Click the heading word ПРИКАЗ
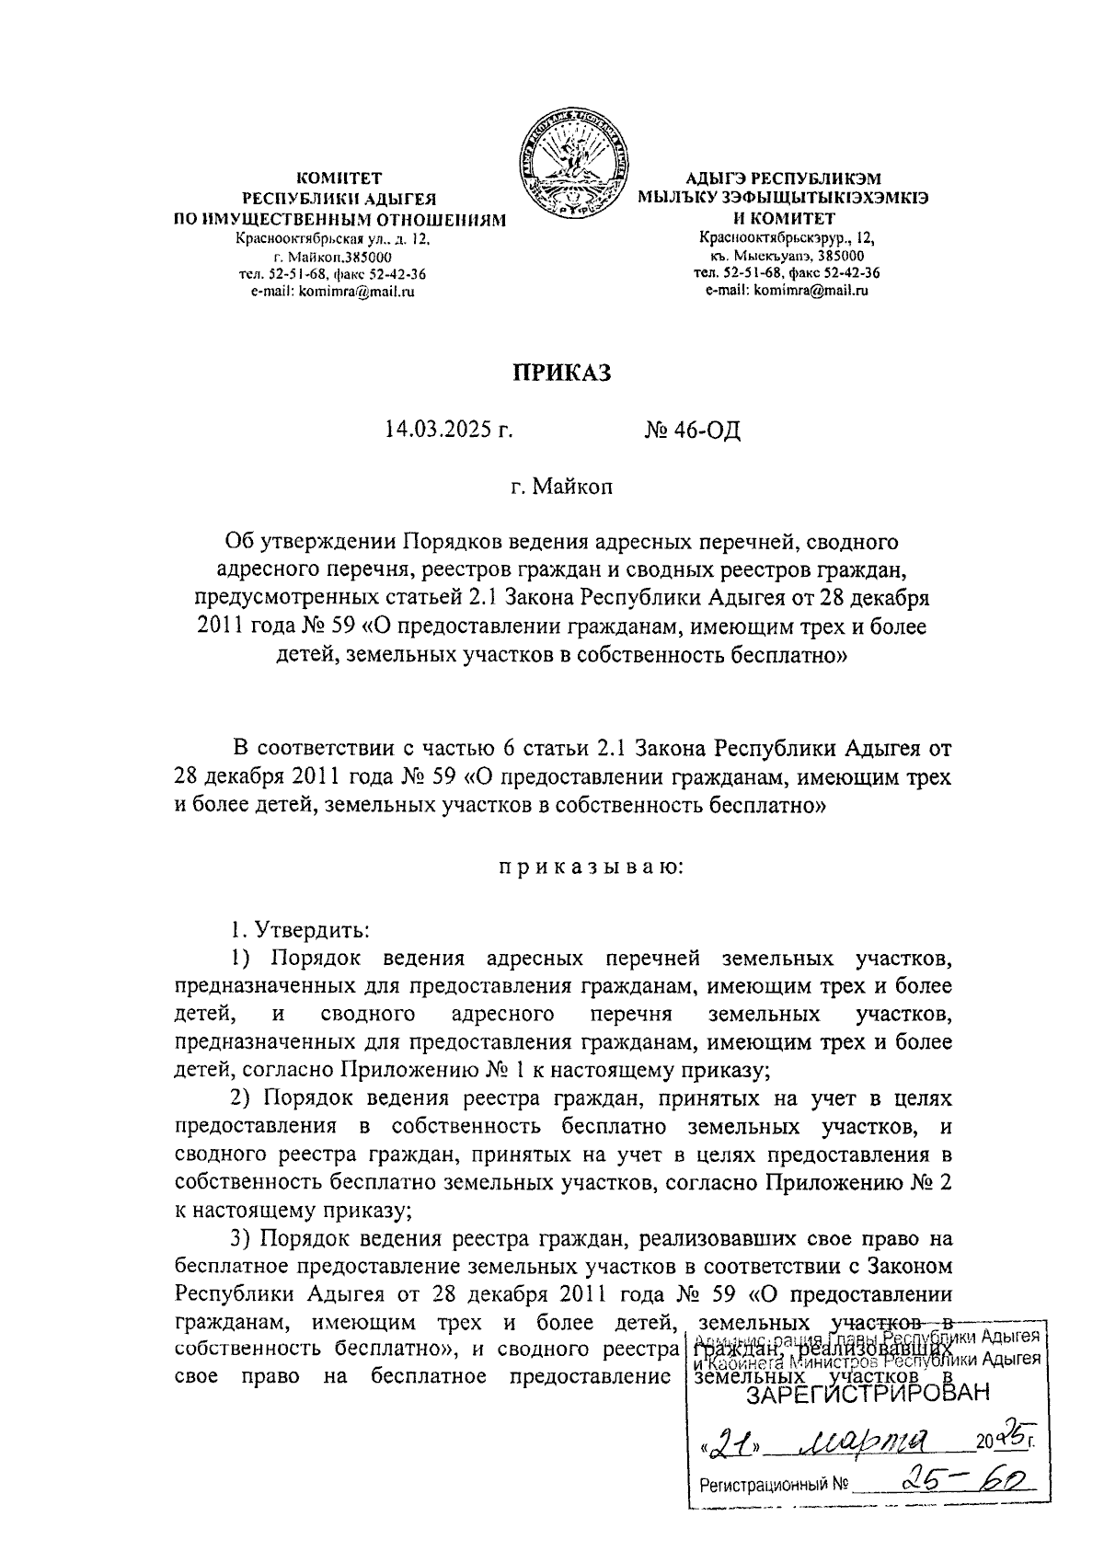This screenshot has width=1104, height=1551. coord(561,373)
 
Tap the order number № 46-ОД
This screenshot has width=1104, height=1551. coord(693,431)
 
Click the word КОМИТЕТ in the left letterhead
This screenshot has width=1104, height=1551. coord(339,178)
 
